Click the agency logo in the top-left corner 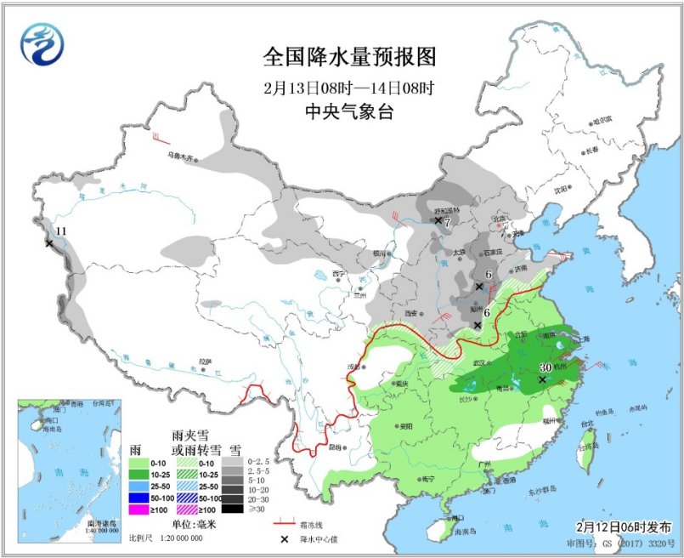pos(43,45)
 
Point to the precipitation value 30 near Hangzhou pos(546,367)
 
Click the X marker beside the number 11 pos(48,243)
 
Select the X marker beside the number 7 pos(438,221)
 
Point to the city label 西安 pos(412,313)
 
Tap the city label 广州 pos(485,464)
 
